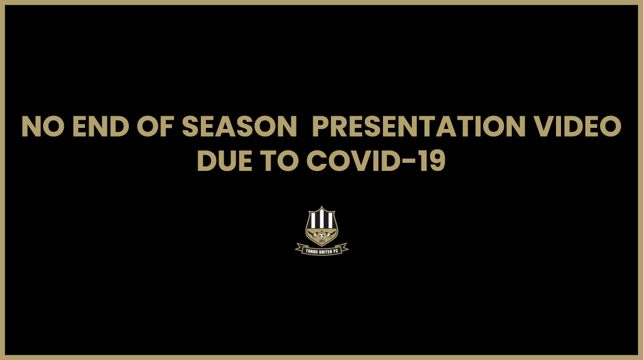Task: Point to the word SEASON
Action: point(239,127)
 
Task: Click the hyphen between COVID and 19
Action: point(411,162)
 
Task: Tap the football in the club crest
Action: point(322,235)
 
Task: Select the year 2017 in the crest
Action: point(322,241)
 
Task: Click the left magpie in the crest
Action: point(313,234)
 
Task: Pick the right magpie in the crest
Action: point(330,234)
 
